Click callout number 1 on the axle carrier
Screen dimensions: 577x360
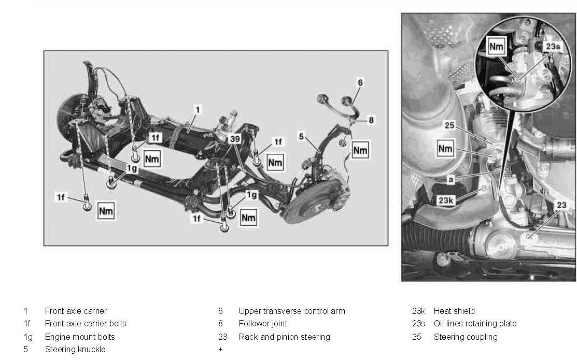tap(198, 110)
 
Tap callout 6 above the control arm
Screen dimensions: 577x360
tap(360, 82)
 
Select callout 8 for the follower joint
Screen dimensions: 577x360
tap(371, 120)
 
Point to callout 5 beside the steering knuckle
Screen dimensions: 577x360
tap(301, 137)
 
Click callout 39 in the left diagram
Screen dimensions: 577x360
tap(235, 139)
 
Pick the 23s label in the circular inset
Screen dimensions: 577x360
tap(553, 47)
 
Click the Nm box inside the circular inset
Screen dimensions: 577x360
tap(496, 47)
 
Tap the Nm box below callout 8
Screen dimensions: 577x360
tap(360, 150)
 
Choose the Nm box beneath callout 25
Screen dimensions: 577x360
tap(446, 149)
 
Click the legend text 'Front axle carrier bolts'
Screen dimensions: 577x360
tap(86, 324)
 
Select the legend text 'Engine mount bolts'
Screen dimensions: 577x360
tap(80, 337)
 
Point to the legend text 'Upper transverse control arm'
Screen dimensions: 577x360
tap(291, 311)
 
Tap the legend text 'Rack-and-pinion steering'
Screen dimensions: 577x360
tap(284, 337)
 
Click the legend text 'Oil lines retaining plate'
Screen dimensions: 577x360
tap(475, 324)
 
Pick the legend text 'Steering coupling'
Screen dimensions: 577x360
tap(465, 337)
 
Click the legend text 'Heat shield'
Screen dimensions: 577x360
tap(454, 311)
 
